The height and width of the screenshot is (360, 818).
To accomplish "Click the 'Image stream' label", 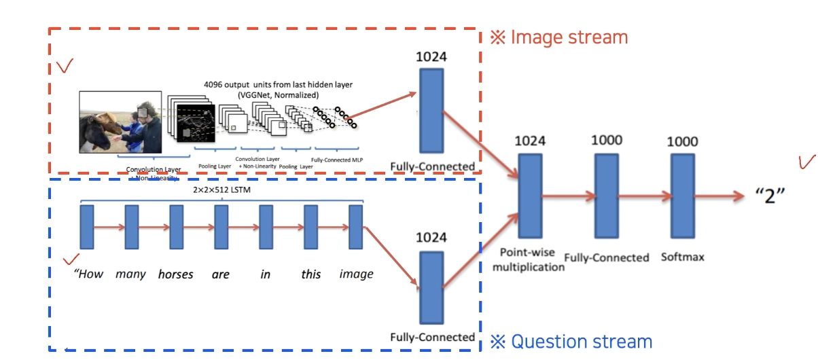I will point(560,37).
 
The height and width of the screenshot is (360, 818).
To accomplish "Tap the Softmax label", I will point(683,257).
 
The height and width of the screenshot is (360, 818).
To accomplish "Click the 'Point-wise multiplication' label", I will point(529,259).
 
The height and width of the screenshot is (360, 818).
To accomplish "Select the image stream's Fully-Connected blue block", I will point(431,110).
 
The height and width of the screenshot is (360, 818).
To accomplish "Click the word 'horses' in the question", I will point(175,274).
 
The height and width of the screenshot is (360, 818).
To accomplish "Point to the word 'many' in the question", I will point(130,274).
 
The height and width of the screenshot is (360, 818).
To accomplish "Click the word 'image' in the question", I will point(356,274).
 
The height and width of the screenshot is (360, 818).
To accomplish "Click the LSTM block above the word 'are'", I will point(220,227).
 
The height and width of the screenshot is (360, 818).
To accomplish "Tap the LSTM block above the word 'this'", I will point(310,227).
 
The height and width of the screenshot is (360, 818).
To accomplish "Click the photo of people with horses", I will point(120,122).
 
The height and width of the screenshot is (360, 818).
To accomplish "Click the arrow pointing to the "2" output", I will point(720,197).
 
